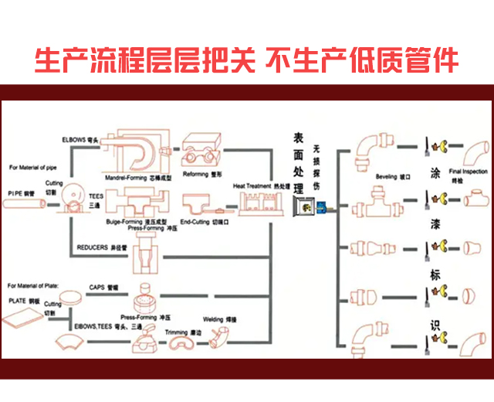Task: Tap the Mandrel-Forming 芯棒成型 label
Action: (x=138, y=178)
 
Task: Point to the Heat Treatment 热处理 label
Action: (x=262, y=186)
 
